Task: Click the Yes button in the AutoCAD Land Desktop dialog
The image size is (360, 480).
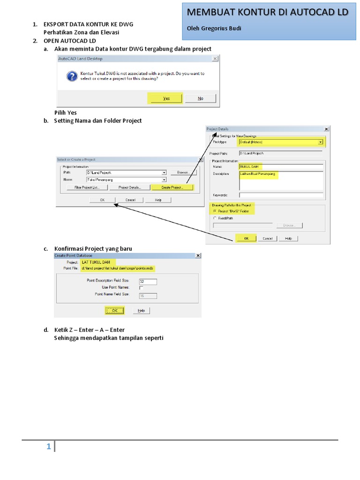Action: click(166, 98)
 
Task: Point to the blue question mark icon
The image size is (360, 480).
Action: click(70, 76)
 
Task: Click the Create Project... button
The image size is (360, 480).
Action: click(172, 187)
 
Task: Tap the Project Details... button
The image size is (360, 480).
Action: click(130, 187)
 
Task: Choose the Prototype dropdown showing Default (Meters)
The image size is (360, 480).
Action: click(281, 142)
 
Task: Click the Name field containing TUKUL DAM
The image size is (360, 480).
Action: click(281, 166)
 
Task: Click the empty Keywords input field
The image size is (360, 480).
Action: click(281, 195)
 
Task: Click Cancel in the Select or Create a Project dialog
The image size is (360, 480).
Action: click(130, 200)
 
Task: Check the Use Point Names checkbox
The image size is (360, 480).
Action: click(141, 287)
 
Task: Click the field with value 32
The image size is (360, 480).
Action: click(148, 281)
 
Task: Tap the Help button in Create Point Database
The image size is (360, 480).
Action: click(141, 310)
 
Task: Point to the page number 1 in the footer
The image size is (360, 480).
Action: click(48, 447)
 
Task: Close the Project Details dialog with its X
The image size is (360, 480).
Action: click(326, 129)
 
